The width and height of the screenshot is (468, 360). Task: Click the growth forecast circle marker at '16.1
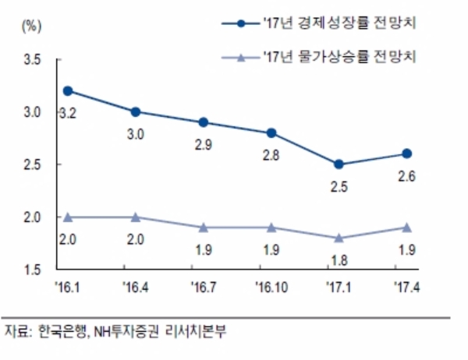[67, 90]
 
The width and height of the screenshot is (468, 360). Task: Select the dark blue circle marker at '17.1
[338, 164]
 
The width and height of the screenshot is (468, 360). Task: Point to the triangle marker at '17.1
[338, 238]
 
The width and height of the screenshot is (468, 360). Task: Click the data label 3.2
[67, 114]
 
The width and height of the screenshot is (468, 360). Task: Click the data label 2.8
[270, 156]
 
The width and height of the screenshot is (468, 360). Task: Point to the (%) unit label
[32, 25]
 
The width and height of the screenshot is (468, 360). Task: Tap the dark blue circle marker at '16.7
[203, 122]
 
